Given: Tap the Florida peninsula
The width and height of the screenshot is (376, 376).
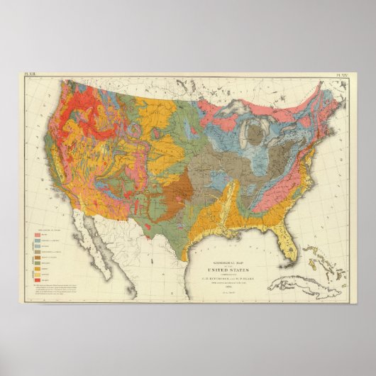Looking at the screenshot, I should click(x=287, y=245).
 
